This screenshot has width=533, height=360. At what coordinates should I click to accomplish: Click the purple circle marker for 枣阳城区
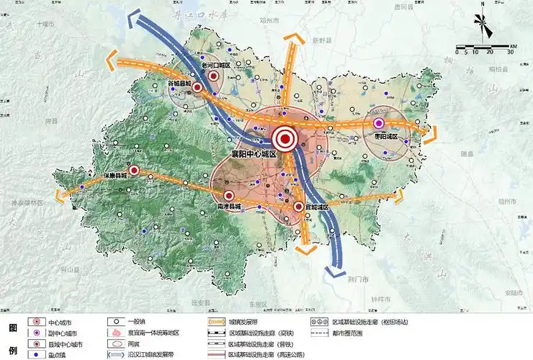pos(380,123)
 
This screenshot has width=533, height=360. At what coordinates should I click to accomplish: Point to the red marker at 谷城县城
pos(197,87)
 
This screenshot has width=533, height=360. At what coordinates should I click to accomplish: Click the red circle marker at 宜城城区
pos(298,207)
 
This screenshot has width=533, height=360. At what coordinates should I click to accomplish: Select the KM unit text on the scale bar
pos(513,47)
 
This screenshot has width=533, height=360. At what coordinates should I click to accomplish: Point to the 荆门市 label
pos(355,278)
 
